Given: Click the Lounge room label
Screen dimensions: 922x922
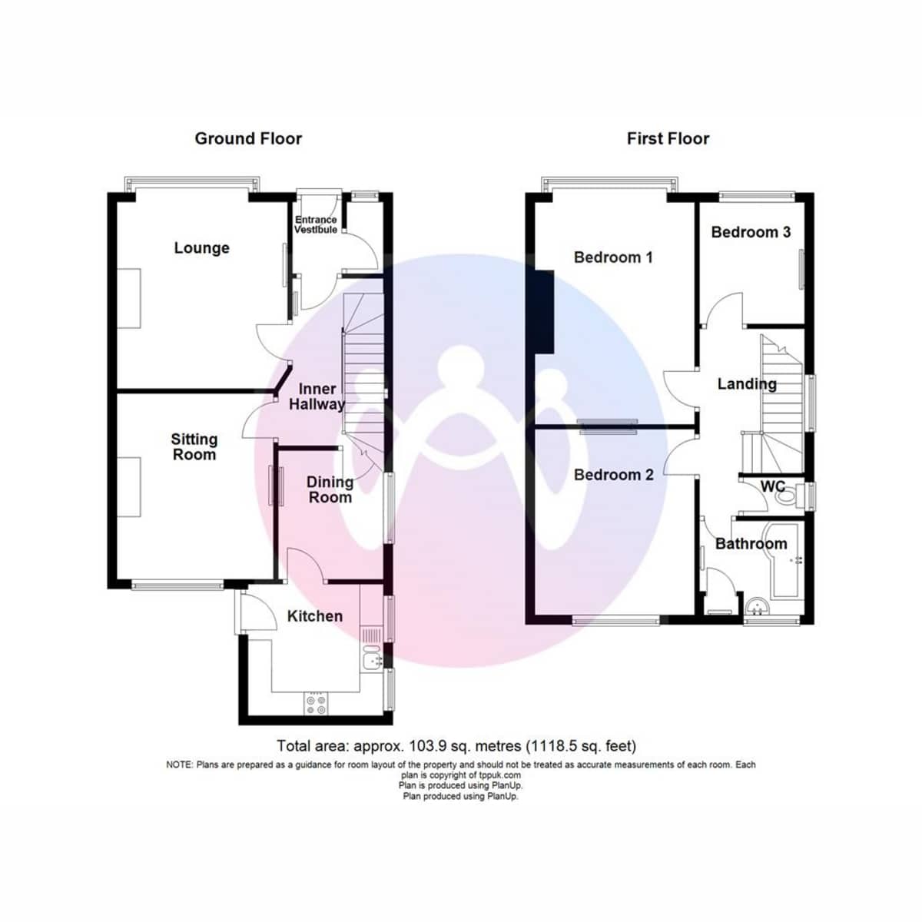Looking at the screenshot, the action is pos(201,248).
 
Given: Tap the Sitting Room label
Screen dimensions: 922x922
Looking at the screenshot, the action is pos(194,446).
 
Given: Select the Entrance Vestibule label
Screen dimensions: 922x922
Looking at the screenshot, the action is pos(316,224).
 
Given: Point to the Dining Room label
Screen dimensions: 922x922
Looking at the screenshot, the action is pos(330,489).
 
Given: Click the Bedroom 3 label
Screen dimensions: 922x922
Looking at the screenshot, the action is pos(751,232).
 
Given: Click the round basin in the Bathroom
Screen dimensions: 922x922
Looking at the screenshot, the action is pos(757,607).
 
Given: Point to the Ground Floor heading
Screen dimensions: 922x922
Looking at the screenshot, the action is pos(248,139).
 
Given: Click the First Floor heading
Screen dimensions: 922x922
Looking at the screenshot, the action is pos(668,139).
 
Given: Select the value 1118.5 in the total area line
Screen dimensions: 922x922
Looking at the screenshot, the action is pos(551,745).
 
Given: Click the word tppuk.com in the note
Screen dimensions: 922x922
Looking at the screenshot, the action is pos(500,775).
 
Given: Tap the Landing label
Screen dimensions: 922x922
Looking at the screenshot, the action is pos(747,383).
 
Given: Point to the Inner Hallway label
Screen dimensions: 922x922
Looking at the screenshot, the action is pos(317,396).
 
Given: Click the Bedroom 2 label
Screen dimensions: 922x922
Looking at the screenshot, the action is pos(613,475).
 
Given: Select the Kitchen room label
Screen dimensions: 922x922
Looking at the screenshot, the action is pos(315,616).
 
